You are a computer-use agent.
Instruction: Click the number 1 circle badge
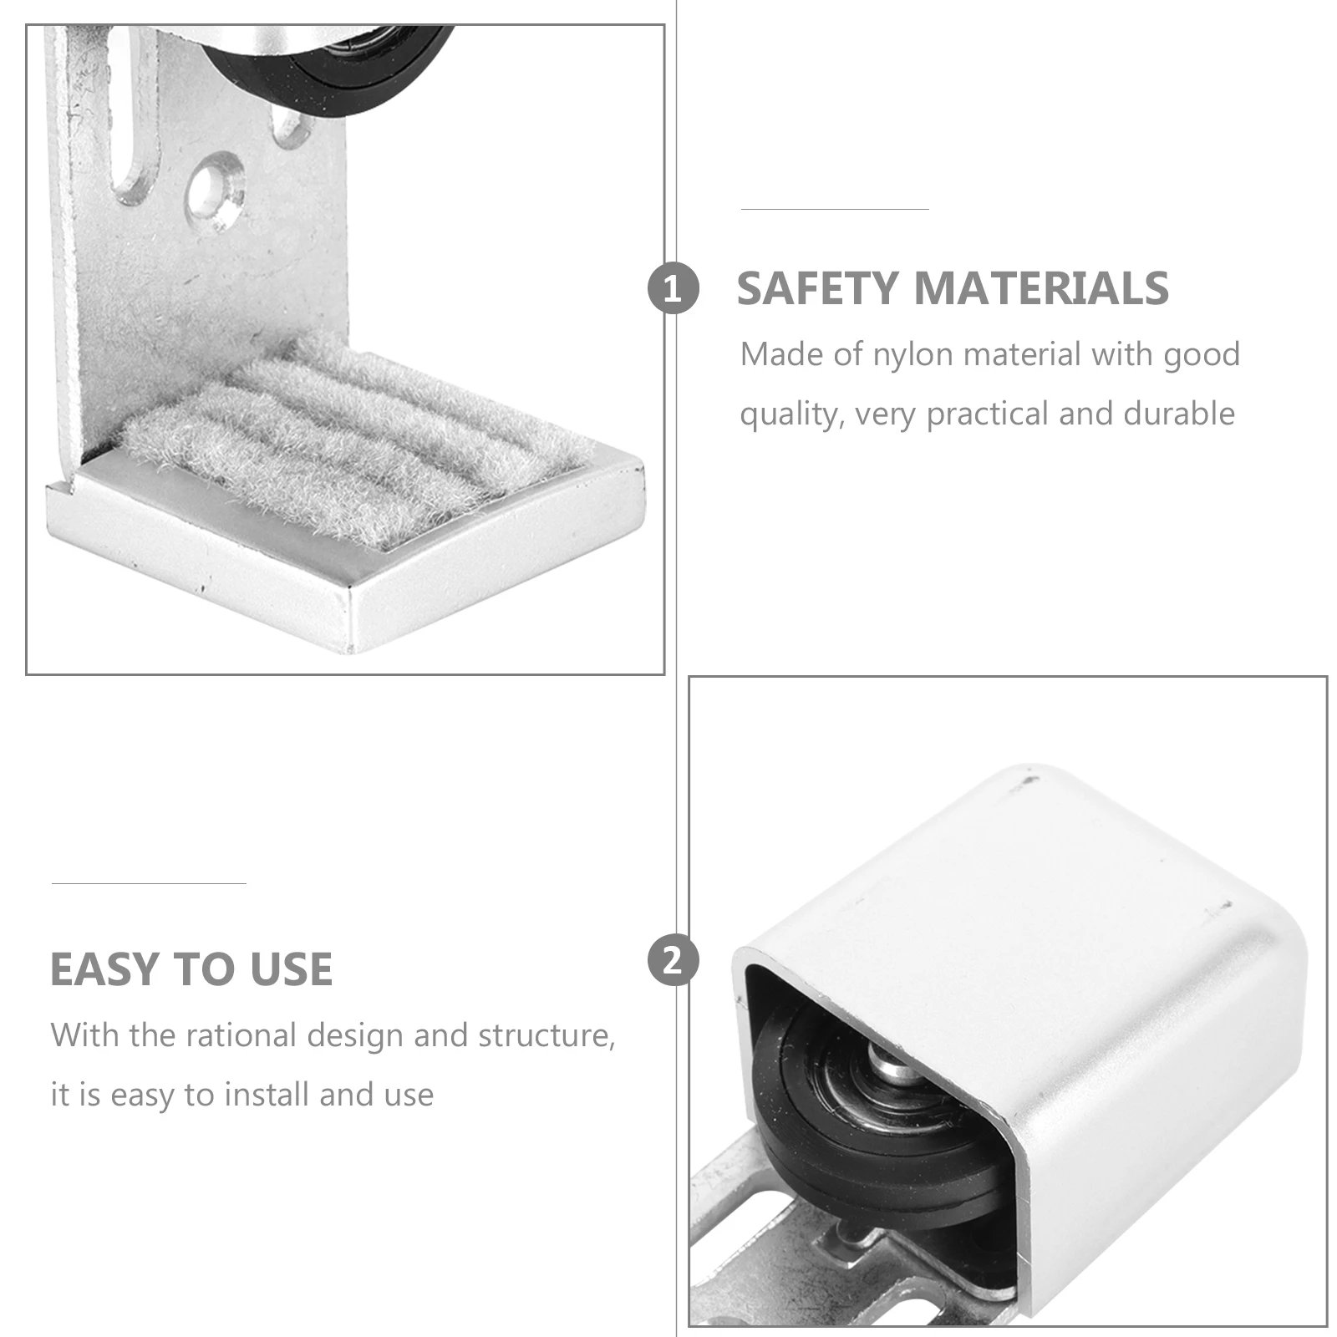click(x=672, y=289)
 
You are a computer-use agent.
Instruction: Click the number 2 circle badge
click(x=672, y=960)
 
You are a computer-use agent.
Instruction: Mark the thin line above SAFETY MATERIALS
click(x=835, y=209)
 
